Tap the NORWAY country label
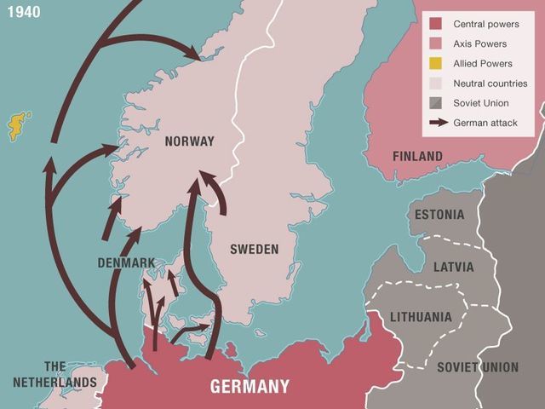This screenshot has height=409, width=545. [189, 141]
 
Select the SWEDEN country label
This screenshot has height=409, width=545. [254, 249]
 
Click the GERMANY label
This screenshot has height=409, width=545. [250, 386]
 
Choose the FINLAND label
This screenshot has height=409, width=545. [417, 156]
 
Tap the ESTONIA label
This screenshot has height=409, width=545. [439, 215]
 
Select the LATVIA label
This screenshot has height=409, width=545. [453, 267]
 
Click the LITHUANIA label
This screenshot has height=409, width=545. [421, 316]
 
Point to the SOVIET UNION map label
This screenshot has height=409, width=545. [477, 367]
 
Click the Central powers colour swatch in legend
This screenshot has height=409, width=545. [435, 24]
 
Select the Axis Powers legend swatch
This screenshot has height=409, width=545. [435, 43]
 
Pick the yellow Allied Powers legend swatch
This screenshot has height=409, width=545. [435, 64]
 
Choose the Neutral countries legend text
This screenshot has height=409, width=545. [490, 84]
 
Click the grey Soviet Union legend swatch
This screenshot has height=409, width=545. [435, 103]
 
